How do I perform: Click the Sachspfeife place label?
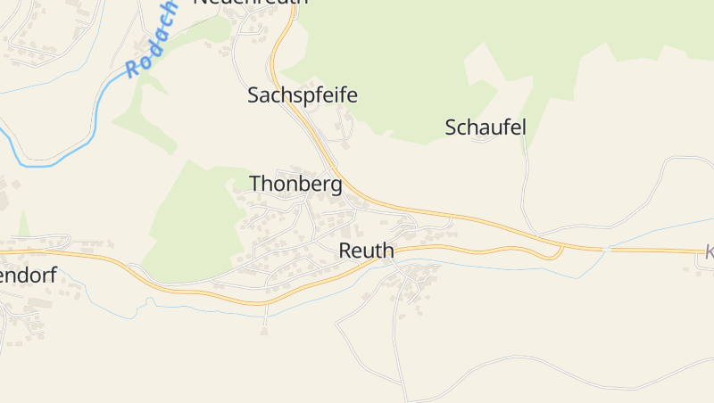click(302, 95)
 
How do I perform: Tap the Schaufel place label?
click(486, 127)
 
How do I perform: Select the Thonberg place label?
click(295, 185)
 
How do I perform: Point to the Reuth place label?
click(366, 251)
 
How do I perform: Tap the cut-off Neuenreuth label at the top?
click(250, 3)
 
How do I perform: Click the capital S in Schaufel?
click(451, 127)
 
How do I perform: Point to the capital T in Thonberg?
click(255, 184)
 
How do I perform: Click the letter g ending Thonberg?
click(336, 186)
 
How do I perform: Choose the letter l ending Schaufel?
click(524, 127)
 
